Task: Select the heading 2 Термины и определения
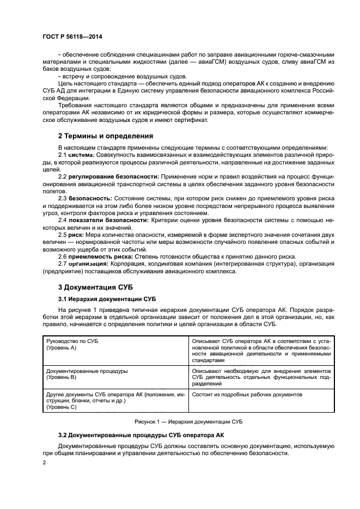tap(106, 136)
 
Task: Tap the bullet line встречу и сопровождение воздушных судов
tap(106, 76)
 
